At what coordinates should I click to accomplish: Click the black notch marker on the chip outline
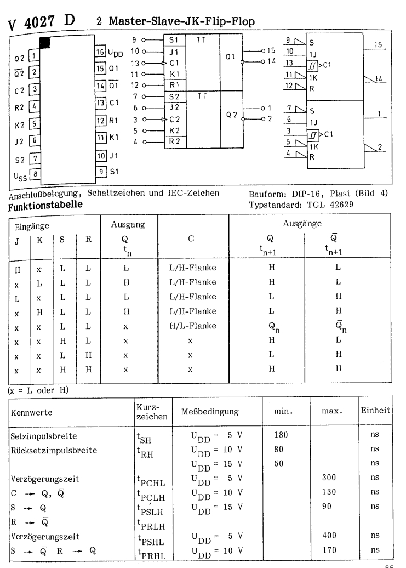(x=45, y=42)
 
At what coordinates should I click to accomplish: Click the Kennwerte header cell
(x=32, y=408)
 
